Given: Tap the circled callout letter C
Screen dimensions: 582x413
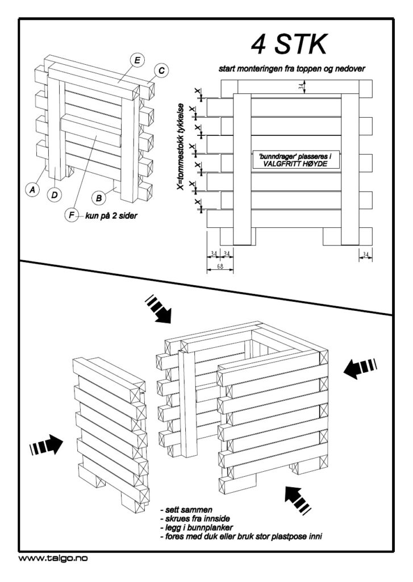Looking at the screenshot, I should point(161,71).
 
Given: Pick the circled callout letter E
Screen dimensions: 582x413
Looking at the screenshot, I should point(137,60).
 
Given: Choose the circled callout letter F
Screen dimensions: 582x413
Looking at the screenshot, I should point(72,215).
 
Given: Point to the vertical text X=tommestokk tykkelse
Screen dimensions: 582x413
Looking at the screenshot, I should point(180,151).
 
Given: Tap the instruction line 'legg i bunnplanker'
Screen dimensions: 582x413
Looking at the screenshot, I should point(196,528).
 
